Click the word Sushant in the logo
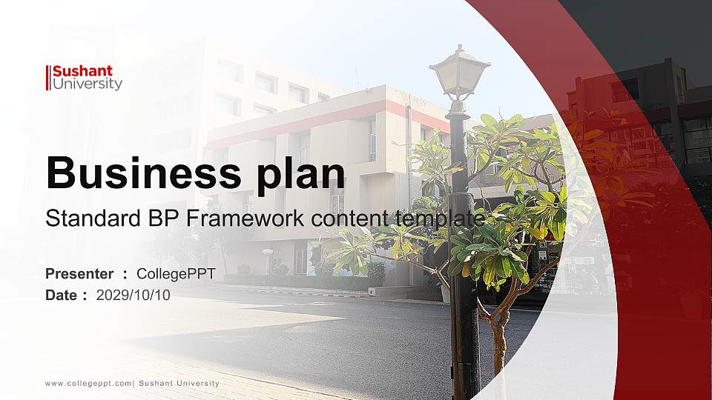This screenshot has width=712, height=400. pyautogui.click(x=82, y=71)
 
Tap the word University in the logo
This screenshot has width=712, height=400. pyautogui.click(x=87, y=84)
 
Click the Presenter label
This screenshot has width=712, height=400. pyautogui.click(x=79, y=274)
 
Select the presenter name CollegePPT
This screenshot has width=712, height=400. pyautogui.click(x=176, y=274)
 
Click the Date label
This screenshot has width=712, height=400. pyautogui.click(x=62, y=295)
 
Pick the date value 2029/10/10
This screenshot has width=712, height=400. pyautogui.click(x=133, y=295)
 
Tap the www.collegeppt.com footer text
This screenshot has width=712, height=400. pyautogui.click(x=88, y=383)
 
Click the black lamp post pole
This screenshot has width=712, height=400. pyautogui.click(x=464, y=311)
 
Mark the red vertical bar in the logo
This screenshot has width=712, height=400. pyautogui.click(x=47, y=78)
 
